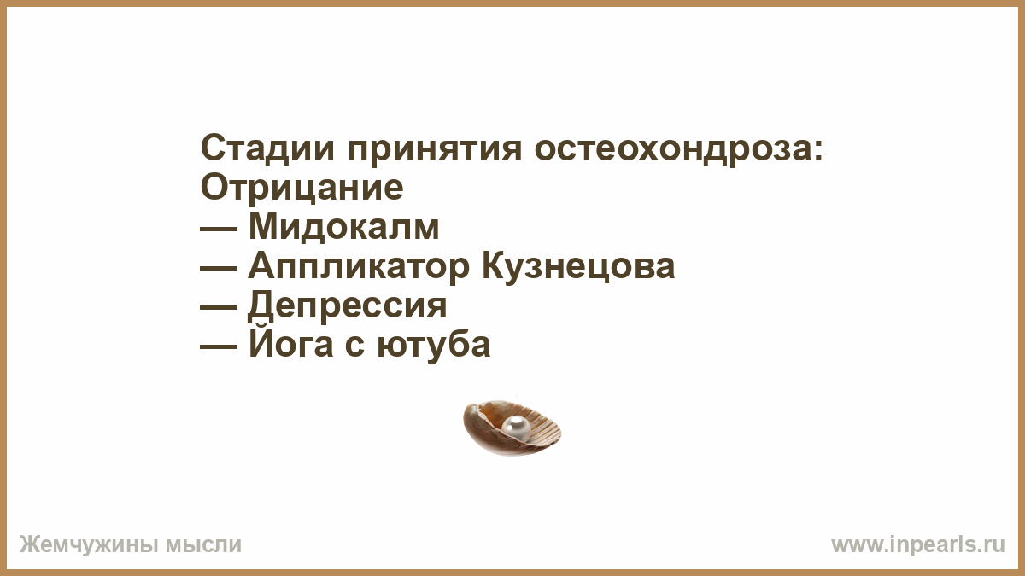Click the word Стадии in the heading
pyautogui.click(x=267, y=148)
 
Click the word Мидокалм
pyautogui.click(x=343, y=226)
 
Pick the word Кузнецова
pyautogui.click(x=578, y=266)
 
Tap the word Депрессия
pyautogui.click(x=348, y=305)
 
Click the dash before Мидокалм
pyautogui.click(x=219, y=230)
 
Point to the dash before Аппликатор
pyautogui.click(x=219, y=269)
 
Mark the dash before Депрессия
pyautogui.click(x=219, y=308)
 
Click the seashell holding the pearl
pyautogui.click(x=512, y=428)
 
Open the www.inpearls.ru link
pyautogui.click(x=918, y=545)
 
